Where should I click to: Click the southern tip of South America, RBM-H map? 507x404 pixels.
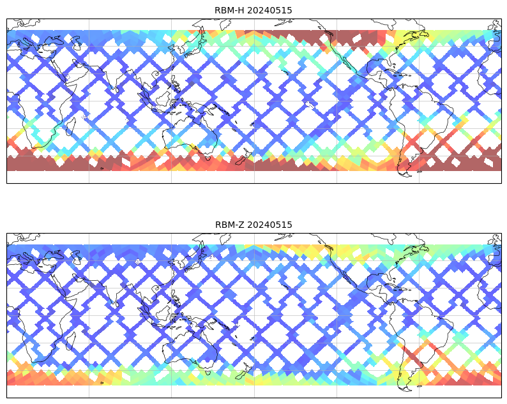pos(404,171)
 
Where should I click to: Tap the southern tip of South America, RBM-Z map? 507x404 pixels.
pos(404,385)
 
